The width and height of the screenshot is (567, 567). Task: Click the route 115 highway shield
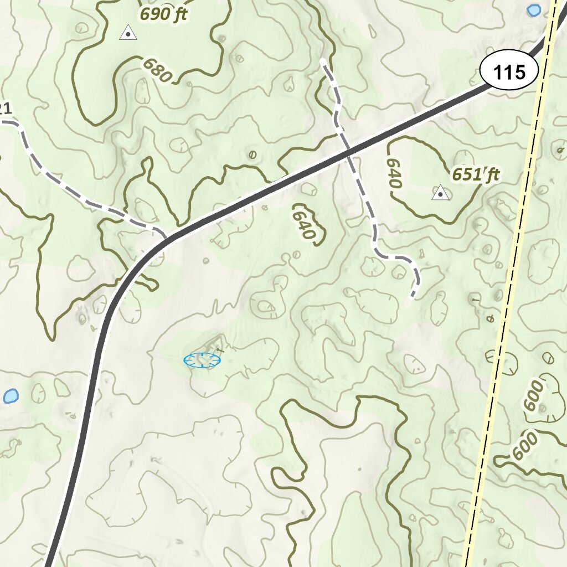tap(509, 72)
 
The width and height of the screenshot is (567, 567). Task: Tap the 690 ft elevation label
tap(163, 14)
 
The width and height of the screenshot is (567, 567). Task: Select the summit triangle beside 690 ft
tap(128, 33)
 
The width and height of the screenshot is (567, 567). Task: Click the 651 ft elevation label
tap(476, 175)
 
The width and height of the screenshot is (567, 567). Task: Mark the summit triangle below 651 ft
tap(440, 193)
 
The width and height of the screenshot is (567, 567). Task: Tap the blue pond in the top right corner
tap(534, 10)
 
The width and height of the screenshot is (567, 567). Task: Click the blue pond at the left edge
tap(11, 396)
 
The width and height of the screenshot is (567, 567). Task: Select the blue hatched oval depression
tap(202, 360)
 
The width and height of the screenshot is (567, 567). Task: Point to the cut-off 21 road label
tap(5, 109)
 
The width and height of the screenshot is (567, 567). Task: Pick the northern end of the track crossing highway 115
tap(323, 60)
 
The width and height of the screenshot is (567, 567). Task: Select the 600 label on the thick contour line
tap(525, 446)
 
